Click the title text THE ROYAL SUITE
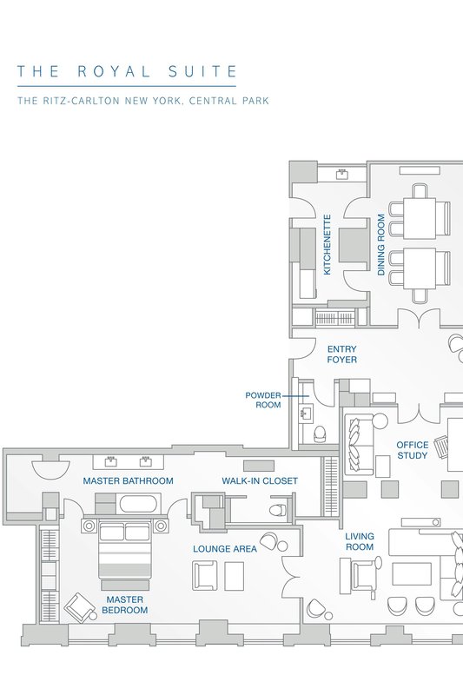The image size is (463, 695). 127,71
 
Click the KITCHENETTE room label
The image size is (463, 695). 327,245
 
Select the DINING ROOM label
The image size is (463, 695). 381,245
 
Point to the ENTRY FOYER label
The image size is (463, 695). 341,354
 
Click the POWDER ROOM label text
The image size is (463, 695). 263,400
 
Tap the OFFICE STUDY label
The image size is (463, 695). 412,450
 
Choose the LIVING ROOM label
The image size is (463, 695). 360,541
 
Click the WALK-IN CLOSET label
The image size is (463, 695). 260,481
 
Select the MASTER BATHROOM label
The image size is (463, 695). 128,481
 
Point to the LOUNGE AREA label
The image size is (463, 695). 225,549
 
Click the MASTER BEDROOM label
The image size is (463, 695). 124,605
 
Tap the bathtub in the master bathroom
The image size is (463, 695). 138,505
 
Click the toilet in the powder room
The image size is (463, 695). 320,434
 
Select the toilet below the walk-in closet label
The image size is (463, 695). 278,510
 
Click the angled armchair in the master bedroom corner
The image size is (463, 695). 80,607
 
